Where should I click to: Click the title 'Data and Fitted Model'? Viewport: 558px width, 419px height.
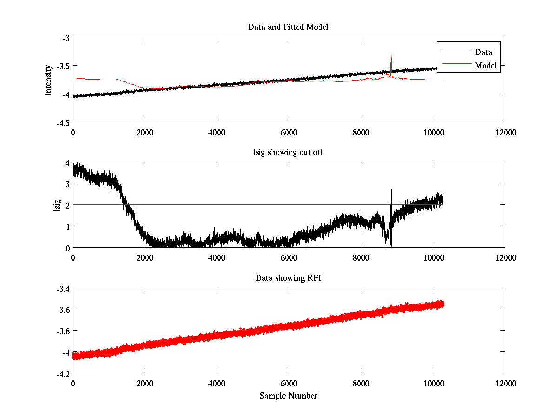click(x=288, y=27)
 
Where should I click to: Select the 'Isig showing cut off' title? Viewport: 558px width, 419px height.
click(x=288, y=152)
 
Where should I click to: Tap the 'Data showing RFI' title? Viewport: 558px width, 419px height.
click(x=288, y=278)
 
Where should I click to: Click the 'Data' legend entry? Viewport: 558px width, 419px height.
click(x=483, y=52)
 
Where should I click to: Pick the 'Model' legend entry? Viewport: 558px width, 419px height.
click(x=485, y=66)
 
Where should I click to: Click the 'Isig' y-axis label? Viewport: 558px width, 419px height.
click(x=57, y=205)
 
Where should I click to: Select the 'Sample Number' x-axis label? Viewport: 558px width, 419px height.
click(x=288, y=396)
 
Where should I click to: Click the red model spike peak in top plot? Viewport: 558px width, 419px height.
click(x=391, y=55)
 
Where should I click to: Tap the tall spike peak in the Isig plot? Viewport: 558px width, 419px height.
click(x=391, y=179)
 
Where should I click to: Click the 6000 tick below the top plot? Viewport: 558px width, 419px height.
click(x=289, y=132)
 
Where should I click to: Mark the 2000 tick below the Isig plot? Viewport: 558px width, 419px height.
click(x=145, y=257)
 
